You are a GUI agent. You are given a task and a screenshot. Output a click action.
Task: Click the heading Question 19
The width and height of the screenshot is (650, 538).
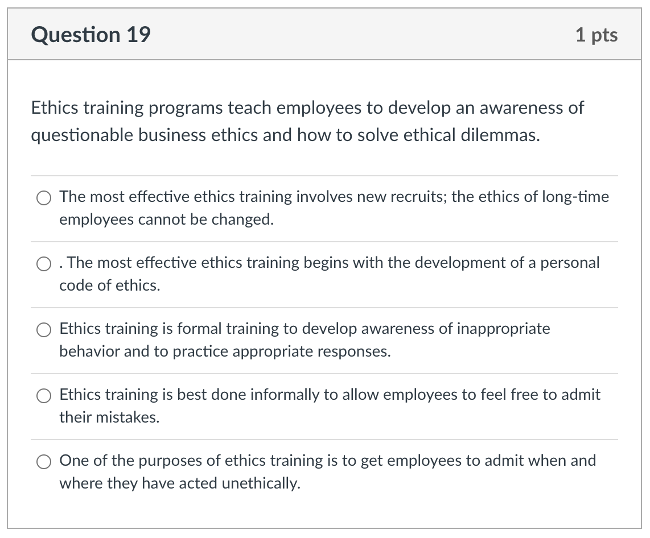pyautogui.click(x=91, y=35)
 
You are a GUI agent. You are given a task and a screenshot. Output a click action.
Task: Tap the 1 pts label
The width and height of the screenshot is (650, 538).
pyautogui.click(x=596, y=35)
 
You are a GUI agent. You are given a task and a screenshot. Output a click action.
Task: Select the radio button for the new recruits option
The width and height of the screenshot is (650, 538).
pyautogui.click(x=44, y=198)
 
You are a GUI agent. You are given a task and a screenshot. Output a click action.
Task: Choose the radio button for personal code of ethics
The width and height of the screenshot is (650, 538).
pyautogui.click(x=44, y=264)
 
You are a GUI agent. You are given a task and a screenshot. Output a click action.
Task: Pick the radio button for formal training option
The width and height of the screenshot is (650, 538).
pyautogui.click(x=44, y=330)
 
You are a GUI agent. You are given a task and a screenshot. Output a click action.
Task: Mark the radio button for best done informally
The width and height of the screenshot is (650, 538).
pyautogui.click(x=44, y=396)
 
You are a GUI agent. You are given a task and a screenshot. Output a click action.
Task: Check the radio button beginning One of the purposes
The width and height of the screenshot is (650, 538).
pyautogui.click(x=44, y=462)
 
